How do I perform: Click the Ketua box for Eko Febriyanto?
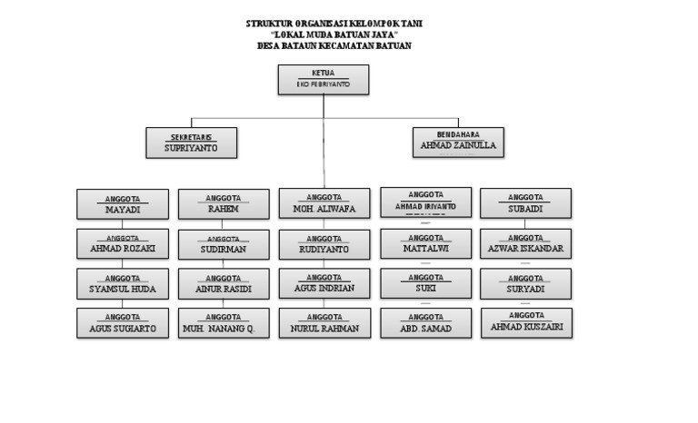(x=323, y=79)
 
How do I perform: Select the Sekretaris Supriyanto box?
(x=191, y=143)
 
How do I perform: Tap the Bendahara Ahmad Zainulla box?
(x=458, y=143)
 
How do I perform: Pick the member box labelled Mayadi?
(x=122, y=204)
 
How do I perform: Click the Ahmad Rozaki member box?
(x=122, y=244)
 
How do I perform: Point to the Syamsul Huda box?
(x=122, y=284)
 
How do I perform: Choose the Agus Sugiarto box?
(x=122, y=324)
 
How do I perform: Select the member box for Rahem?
(x=224, y=204)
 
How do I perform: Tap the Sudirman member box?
(x=224, y=244)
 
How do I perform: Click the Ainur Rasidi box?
(x=224, y=284)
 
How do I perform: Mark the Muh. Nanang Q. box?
(x=224, y=324)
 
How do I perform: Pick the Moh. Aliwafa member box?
(x=324, y=204)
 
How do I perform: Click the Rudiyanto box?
(x=324, y=244)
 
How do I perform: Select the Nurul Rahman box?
(x=324, y=324)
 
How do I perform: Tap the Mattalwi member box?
(x=425, y=243)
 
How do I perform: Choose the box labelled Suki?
(x=425, y=284)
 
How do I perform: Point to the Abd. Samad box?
(x=425, y=324)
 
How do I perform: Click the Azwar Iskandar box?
(x=526, y=243)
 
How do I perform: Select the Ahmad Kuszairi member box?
(x=526, y=323)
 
